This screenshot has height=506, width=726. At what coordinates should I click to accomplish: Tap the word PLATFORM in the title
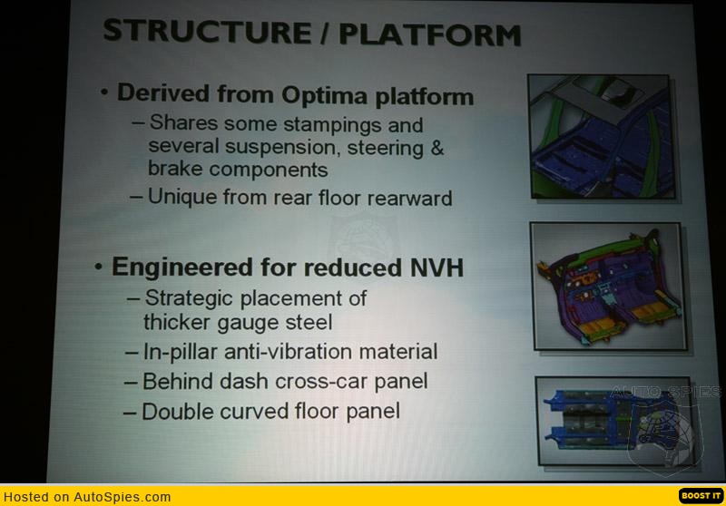tap(430, 34)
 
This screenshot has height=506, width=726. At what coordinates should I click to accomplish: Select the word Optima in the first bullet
tap(326, 96)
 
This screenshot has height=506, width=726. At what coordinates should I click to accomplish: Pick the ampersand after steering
tap(437, 148)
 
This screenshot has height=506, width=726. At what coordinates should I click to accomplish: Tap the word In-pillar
tap(180, 352)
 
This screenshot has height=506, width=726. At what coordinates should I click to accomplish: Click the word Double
tap(177, 411)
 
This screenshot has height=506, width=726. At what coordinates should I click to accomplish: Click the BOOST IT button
tap(701, 496)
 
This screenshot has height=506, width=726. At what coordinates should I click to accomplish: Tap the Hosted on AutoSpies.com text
tap(87, 497)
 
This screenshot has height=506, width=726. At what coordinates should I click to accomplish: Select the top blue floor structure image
tap(601, 136)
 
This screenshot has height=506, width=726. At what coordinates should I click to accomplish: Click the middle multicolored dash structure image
tap(609, 287)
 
